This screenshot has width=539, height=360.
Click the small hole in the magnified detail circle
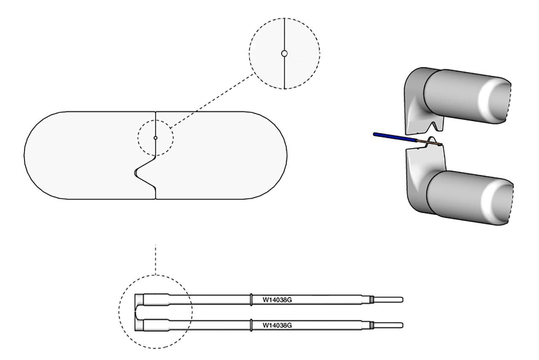click(284, 53)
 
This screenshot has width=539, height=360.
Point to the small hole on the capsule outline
click(155, 138)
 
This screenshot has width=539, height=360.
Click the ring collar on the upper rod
click(251, 299)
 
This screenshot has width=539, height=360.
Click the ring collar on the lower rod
click(251, 325)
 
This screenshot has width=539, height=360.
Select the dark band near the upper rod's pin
click(372, 299)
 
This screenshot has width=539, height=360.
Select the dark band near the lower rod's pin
click(372, 325)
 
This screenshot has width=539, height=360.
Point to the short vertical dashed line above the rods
click(155, 259)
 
